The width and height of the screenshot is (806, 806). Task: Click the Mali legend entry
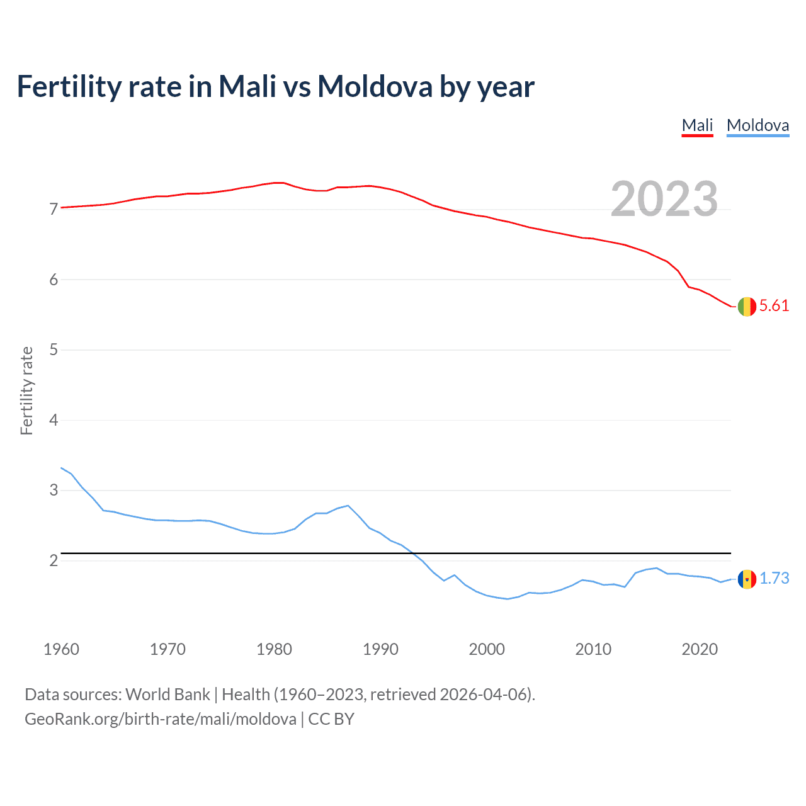pyautogui.click(x=697, y=125)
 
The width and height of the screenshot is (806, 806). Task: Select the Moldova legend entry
pyautogui.click(x=758, y=125)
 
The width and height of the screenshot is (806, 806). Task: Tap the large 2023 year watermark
pyautogui.click(x=664, y=199)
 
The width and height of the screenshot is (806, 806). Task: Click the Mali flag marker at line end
pyautogui.click(x=747, y=306)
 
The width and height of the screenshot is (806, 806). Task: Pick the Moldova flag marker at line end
pyautogui.click(x=747, y=579)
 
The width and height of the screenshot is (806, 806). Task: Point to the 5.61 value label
pyautogui.click(x=774, y=306)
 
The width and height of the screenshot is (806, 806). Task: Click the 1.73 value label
pyautogui.click(x=774, y=579)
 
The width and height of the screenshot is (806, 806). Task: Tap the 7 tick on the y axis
pyautogui.click(x=54, y=209)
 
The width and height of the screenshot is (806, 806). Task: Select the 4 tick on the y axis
pyautogui.click(x=54, y=420)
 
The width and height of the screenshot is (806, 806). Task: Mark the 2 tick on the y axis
pyautogui.click(x=54, y=560)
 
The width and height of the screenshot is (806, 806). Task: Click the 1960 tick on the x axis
pyautogui.click(x=61, y=649)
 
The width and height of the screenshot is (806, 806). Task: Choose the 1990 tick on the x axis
pyautogui.click(x=380, y=649)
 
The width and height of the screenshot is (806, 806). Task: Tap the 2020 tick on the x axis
pyautogui.click(x=700, y=649)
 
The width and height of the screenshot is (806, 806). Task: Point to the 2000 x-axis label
pyautogui.click(x=487, y=649)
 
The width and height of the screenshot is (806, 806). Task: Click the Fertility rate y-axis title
pyautogui.click(x=26, y=390)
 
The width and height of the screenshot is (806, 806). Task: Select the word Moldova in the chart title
pyautogui.click(x=374, y=86)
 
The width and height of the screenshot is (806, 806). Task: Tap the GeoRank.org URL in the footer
pyautogui.click(x=160, y=719)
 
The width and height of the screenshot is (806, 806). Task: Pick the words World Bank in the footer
pyautogui.click(x=167, y=695)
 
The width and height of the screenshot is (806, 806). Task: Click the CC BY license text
pyautogui.click(x=331, y=719)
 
